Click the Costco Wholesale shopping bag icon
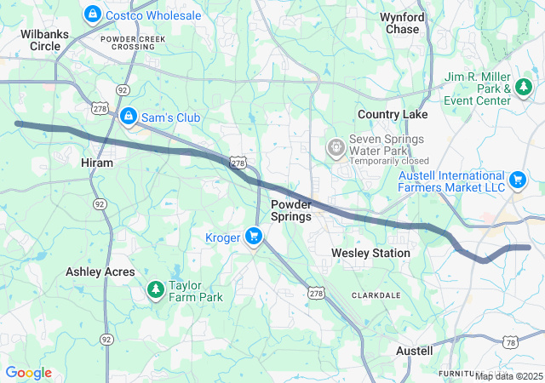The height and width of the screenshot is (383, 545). [92, 14]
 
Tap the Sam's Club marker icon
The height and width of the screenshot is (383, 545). [128, 115]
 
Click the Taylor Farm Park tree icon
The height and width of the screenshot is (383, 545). [155, 290]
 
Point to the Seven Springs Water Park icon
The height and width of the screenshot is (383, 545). [336, 147]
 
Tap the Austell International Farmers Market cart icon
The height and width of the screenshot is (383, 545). [517, 180]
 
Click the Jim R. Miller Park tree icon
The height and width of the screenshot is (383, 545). [525, 87]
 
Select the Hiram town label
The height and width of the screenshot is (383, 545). [96, 163]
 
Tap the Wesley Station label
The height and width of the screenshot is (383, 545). [370, 253]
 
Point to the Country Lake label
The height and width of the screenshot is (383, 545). [393, 114]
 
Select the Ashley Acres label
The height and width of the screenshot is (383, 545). [100, 272]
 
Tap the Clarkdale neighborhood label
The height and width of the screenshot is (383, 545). [376, 294]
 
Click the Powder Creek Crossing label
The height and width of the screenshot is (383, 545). [128, 43]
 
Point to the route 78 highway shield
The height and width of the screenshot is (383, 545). [510, 341]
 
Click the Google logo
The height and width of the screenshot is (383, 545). [28, 372]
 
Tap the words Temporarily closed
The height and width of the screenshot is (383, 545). [389, 160]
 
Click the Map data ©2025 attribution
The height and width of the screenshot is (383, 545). [508, 376]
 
